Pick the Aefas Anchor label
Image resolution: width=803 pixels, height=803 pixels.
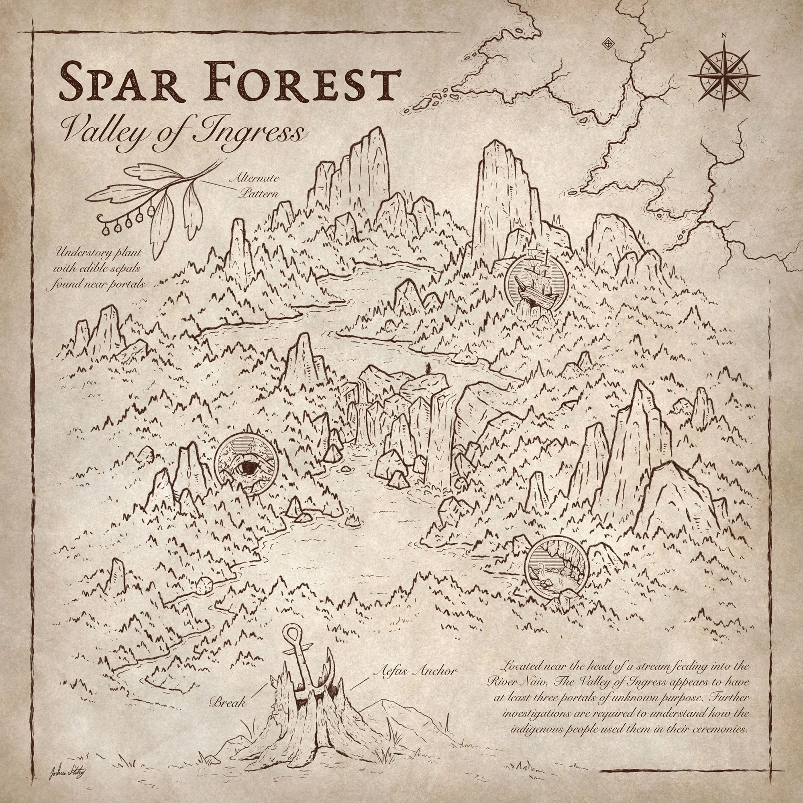(x=416, y=671)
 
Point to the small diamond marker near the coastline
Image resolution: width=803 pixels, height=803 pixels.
(x=609, y=43)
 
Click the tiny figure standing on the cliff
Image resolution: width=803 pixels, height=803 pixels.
(x=426, y=368)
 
